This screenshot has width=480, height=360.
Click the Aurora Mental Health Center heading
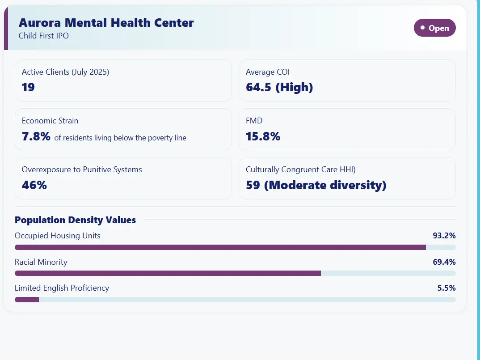pyautogui.click(x=106, y=23)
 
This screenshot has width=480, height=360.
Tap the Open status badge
pyautogui.click(x=434, y=28)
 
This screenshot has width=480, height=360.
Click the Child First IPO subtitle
pyautogui.click(x=43, y=35)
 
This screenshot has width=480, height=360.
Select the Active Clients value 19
pyautogui.click(x=28, y=87)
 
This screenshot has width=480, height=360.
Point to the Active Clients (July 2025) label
pyautogui.click(x=65, y=72)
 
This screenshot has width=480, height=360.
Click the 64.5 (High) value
pyautogui.click(x=279, y=87)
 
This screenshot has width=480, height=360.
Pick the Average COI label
pyautogui.click(x=268, y=72)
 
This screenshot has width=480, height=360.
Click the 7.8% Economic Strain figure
pyautogui.click(x=36, y=136)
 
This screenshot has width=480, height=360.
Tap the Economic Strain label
pyautogui.click(x=50, y=121)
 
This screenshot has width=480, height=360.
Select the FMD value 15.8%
pyautogui.click(x=263, y=136)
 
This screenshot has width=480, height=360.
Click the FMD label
pyautogui.click(x=254, y=121)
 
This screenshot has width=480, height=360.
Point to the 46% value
pyautogui.click(x=34, y=185)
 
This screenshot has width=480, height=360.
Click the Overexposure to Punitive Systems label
pyautogui.click(x=82, y=169)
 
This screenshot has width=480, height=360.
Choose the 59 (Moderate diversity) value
pyautogui.click(x=316, y=185)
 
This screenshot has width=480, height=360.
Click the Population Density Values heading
pyautogui.click(x=75, y=220)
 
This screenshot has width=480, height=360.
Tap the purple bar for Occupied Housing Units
pyautogui.click(x=220, y=247)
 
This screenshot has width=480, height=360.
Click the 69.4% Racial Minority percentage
pyautogui.click(x=444, y=262)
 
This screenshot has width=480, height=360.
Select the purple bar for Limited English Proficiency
pyautogui.click(x=27, y=300)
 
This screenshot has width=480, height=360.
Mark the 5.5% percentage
pyautogui.click(x=446, y=288)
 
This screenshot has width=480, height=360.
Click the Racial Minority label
pyautogui.click(x=41, y=262)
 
